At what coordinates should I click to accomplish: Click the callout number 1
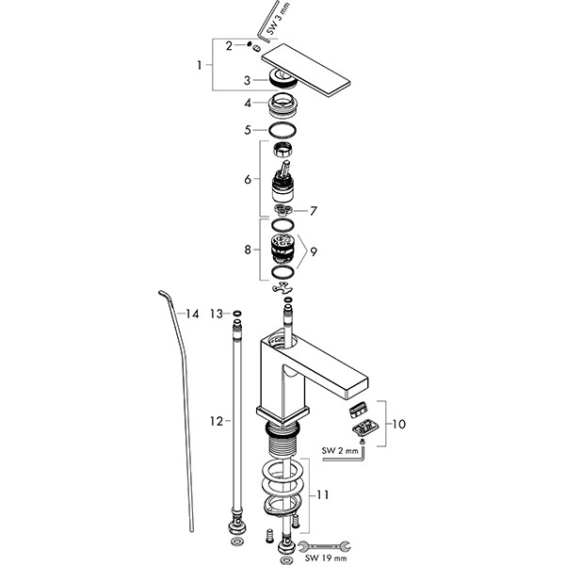pyautogui.click(x=199, y=65)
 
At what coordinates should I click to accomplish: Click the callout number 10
pyautogui.click(x=399, y=425)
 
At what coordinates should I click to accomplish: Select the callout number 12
pyautogui.click(x=215, y=421)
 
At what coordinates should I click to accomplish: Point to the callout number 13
pyautogui.click(x=216, y=313)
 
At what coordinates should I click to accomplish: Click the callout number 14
pyautogui.click(x=193, y=313)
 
